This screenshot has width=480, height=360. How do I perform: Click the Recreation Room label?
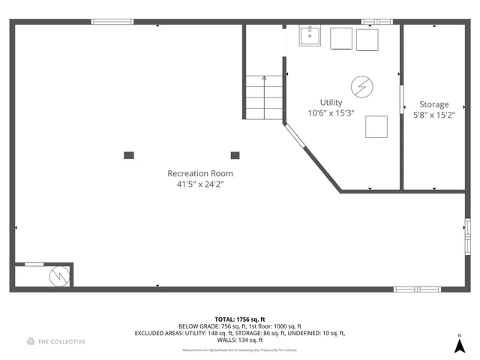pos(195,172)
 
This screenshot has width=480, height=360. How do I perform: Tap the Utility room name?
pos(331,103)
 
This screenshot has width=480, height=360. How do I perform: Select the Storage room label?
pos(433,104)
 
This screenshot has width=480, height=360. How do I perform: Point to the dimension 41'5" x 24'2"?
pos(195,183)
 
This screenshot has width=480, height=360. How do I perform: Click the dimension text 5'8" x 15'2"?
pos(433,115)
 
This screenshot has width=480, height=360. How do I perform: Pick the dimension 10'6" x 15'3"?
pos(331,113)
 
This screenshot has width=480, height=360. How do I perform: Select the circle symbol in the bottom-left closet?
pos(58,277)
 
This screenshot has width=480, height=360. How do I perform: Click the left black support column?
pos(129,155)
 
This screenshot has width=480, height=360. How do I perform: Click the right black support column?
pos(235,155)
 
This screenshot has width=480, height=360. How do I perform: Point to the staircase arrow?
pos(264,78)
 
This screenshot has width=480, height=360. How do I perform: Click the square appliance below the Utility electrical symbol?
pos(376,127)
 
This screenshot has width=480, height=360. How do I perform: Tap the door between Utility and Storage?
pos(401,98)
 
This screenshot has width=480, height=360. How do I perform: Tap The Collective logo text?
pos(61,341)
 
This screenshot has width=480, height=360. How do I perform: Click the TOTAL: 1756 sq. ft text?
pos(239,319)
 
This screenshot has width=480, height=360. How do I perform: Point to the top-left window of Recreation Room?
pos(112,22)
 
